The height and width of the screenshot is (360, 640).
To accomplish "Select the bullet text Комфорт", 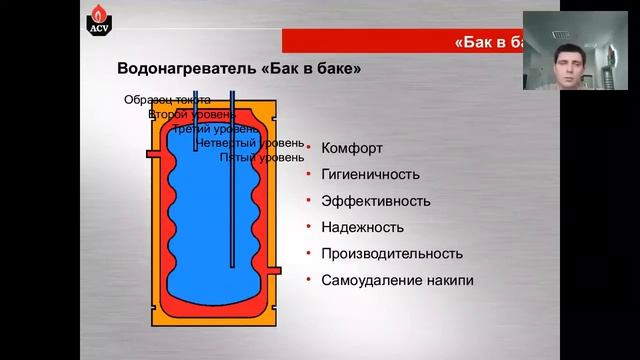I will [352, 148].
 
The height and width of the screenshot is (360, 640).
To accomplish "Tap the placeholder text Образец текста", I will [167, 100].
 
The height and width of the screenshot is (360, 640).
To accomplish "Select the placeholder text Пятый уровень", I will [262, 157].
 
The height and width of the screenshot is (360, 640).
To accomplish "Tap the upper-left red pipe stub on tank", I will [152, 154].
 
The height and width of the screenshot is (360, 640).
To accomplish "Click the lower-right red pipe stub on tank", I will [277, 271].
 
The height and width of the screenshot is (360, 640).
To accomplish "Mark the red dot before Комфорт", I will [309, 148].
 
